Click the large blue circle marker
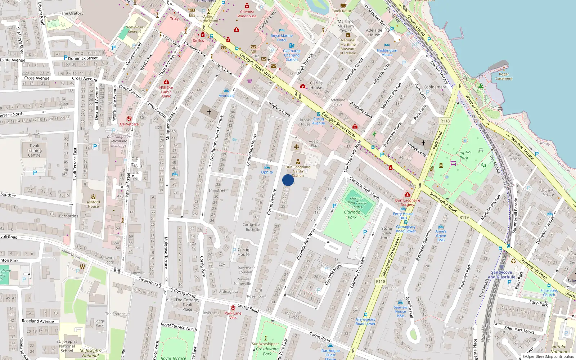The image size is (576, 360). [288, 180]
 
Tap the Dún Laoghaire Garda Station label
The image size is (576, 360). [298, 171]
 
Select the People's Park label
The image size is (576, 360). [464, 155]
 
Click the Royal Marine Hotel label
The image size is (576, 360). [282, 38]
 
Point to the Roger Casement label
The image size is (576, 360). [504, 76]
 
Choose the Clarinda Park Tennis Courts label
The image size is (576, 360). [357, 203]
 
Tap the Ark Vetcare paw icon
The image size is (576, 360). [129, 119]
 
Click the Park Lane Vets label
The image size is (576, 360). [233, 315]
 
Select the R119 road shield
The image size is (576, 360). [464, 217]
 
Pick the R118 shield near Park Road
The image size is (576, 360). [445, 121]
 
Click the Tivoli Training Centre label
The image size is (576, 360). [34, 150]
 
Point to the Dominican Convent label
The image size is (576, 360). [134, 29]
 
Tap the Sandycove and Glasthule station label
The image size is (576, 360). [501, 275]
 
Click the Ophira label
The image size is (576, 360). [267, 172]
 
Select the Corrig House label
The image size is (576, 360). [243, 252]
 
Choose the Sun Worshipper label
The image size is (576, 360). [265, 344]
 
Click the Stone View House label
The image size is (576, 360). [387, 233]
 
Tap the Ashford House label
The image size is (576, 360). [93, 204]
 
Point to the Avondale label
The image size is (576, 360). [226, 95]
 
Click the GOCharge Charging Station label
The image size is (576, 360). [292, 55]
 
